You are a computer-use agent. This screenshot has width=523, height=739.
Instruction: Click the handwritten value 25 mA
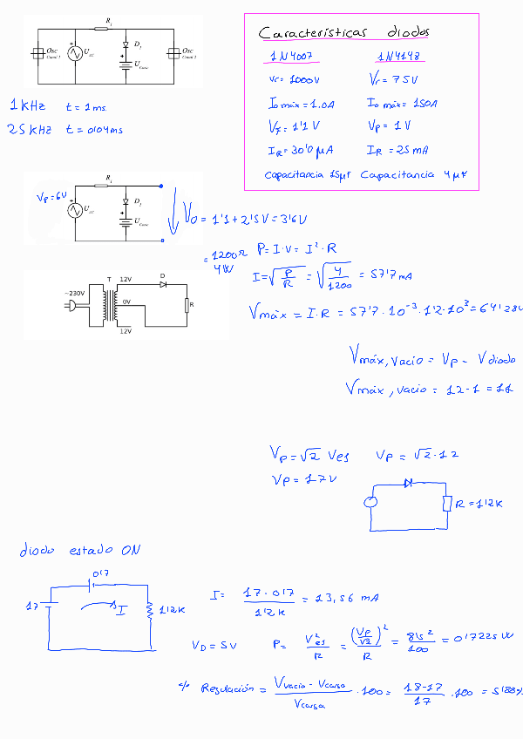pos(413,150)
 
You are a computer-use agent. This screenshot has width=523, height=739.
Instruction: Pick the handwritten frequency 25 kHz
pos(31,130)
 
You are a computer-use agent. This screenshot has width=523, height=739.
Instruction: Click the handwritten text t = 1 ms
pos(85,107)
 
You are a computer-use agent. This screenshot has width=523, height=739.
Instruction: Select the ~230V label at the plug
pos(71,294)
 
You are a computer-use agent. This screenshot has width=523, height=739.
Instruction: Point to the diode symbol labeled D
pos(162,286)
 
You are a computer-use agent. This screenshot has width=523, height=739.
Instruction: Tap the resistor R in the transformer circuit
pos(186,305)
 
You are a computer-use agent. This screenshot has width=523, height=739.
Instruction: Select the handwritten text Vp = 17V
pos(305,480)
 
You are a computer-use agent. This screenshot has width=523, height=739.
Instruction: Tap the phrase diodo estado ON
pos(79,551)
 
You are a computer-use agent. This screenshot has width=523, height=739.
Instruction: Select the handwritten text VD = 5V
pos(214,646)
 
